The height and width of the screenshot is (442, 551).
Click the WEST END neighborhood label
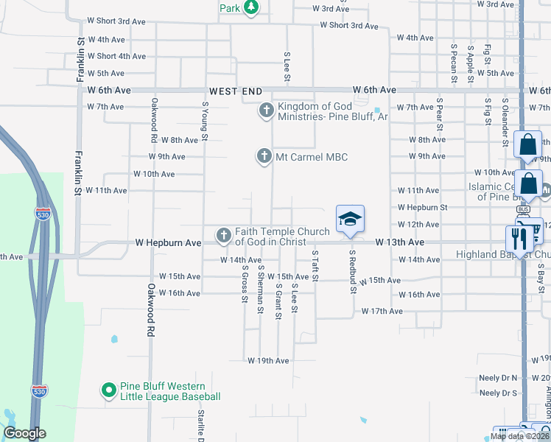click(x=236, y=91)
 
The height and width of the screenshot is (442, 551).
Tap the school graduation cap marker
click(x=351, y=218)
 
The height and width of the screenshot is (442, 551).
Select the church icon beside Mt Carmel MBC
click(x=263, y=156)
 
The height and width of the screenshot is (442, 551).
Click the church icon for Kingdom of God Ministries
click(x=266, y=111)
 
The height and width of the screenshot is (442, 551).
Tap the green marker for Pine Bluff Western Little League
click(x=108, y=390)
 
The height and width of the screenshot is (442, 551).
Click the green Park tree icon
click(x=252, y=7)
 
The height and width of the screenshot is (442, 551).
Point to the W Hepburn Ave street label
click(x=168, y=242)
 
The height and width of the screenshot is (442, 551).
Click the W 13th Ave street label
click(x=400, y=242)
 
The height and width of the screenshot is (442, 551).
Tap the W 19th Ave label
click(x=268, y=361)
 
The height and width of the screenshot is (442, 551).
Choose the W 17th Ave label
click(x=382, y=312)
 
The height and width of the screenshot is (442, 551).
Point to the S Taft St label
click(x=315, y=266)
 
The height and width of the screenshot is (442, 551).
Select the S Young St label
click(x=206, y=120)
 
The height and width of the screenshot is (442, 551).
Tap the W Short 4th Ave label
click(x=116, y=56)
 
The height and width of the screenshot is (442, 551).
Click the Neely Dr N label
click(x=499, y=377)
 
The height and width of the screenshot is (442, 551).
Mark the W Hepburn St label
click(x=423, y=208)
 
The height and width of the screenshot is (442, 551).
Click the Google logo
click(x=25, y=433)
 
